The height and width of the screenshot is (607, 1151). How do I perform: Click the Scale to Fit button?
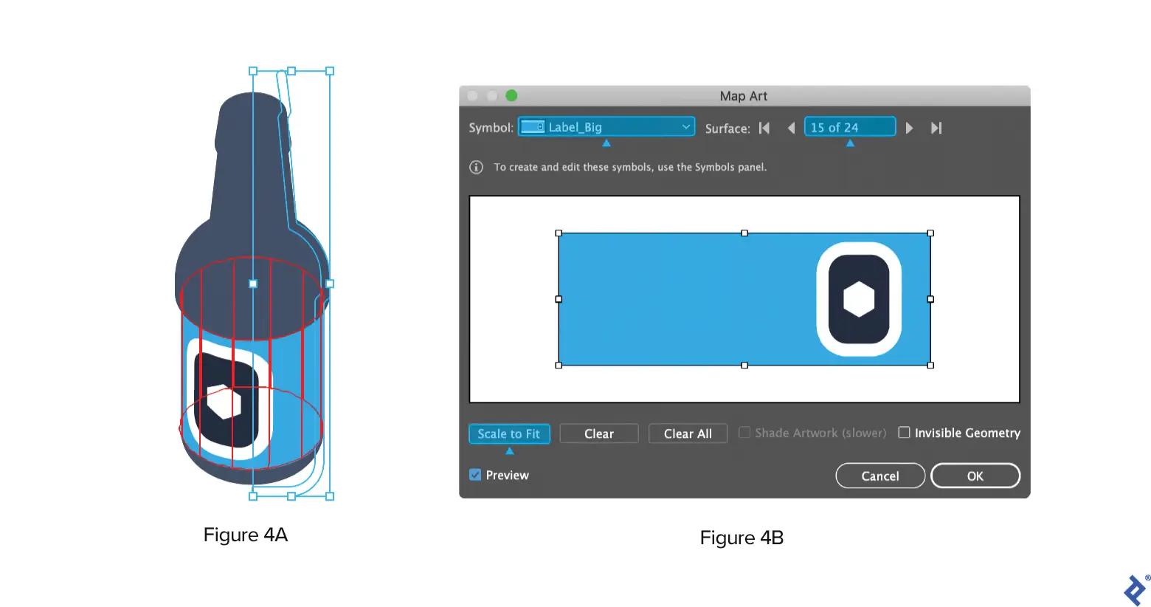click(x=509, y=433)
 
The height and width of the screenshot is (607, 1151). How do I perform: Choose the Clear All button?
click(x=688, y=433)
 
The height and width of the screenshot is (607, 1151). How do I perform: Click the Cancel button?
click(x=880, y=476)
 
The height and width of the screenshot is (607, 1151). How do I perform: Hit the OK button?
click(x=975, y=476)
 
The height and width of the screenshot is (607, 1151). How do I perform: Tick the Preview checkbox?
click(x=475, y=475)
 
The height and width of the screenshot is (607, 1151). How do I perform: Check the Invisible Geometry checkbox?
click(x=904, y=433)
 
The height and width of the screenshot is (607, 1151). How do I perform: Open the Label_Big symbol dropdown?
click(x=606, y=127)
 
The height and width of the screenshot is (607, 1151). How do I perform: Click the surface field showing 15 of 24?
click(x=850, y=127)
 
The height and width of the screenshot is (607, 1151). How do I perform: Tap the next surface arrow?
click(x=909, y=128)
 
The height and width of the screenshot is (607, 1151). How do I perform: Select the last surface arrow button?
click(x=936, y=128)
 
